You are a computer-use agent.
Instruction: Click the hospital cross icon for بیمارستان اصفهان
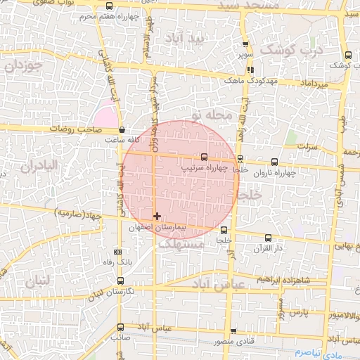[x=156, y=216]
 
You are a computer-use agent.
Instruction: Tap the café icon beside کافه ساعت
[x=123, y=130]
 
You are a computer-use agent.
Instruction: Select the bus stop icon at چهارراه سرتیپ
[x=204, y=157]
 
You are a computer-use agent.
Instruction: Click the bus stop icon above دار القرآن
[x=267, y=238]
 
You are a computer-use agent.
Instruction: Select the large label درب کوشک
[x=290, y=49]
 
